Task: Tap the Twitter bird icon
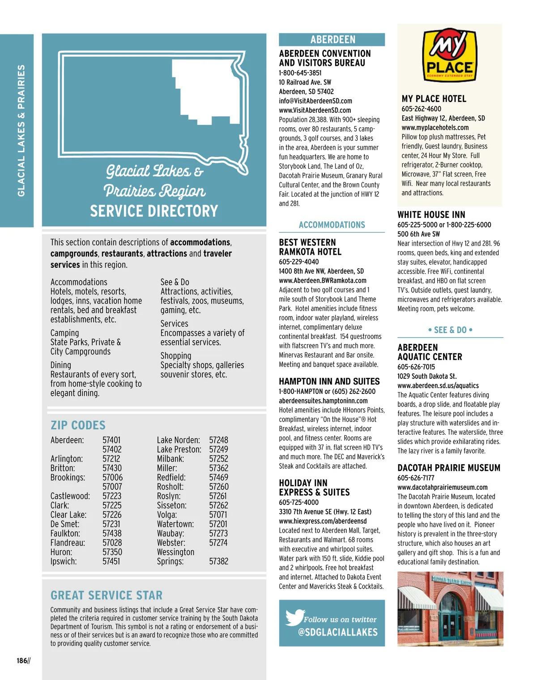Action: point(294,617)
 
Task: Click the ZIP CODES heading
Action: point(78,425)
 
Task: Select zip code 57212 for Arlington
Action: point(111,459)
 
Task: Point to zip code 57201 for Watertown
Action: point(218,524)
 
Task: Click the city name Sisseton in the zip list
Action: point(171,505)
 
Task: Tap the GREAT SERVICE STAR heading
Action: point(107,595)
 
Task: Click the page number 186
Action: point(22,661)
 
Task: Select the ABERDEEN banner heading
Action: point(332,39)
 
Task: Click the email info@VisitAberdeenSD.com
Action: point(315,101)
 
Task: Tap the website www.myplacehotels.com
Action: point(435,128)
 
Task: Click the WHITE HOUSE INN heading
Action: point(431,215)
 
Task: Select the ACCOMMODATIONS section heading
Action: point(332,225)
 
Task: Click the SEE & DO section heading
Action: point(450,330)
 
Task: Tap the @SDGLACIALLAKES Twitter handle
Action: point(338,632)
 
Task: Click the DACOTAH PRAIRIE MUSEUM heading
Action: point(449,468)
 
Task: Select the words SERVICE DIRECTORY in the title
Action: point(154,211)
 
